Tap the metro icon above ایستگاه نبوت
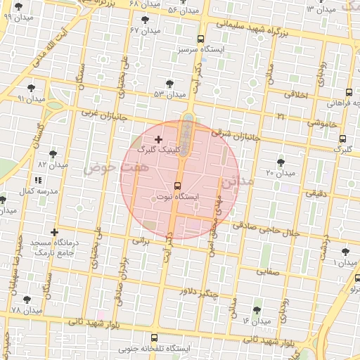click(x=176, y=186)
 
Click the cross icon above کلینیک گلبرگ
click(x=157, y=140)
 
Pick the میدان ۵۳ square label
click(x=169, y=94)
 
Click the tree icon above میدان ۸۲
click(x=53, y=154)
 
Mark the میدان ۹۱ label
click(x=31, y=99)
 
